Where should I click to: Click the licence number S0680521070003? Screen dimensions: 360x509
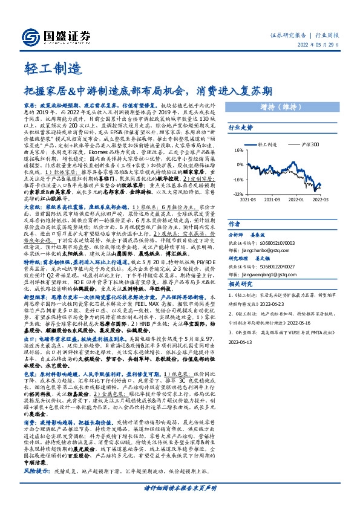[283, 240]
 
